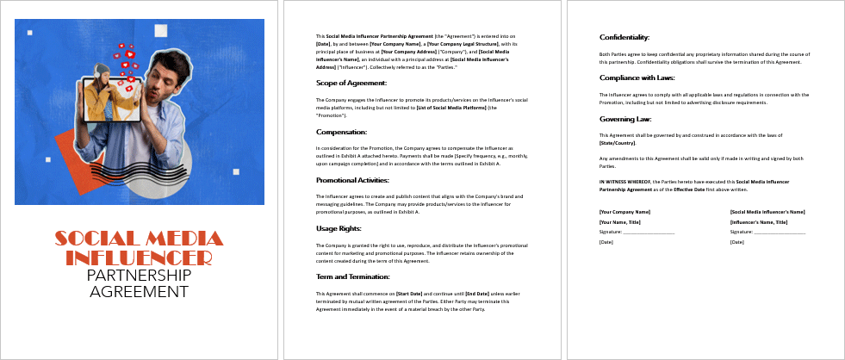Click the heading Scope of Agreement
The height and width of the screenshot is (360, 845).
[x=351, y=83]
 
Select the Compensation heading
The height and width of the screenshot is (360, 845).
[x=342, y=132]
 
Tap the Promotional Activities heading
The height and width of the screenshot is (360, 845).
[x=352, y=180]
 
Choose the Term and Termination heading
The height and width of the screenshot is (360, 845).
[x=353, y=276]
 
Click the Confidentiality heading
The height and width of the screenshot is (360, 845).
[x=624, y=37]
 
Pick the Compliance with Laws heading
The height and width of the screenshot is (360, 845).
[x=637, y=78]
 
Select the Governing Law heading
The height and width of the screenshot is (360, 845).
[x=625, y=119]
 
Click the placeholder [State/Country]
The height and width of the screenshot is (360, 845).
[x=618, y=143]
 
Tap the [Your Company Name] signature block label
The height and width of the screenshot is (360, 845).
[x=624, y=211]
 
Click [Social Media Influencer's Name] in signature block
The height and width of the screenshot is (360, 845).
[x=767, y=211]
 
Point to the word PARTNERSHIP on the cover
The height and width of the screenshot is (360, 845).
[x=139, y=276]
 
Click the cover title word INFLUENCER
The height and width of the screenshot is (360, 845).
[x=139, y=258]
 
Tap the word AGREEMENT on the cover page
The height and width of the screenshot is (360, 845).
[x=139, y=292]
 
